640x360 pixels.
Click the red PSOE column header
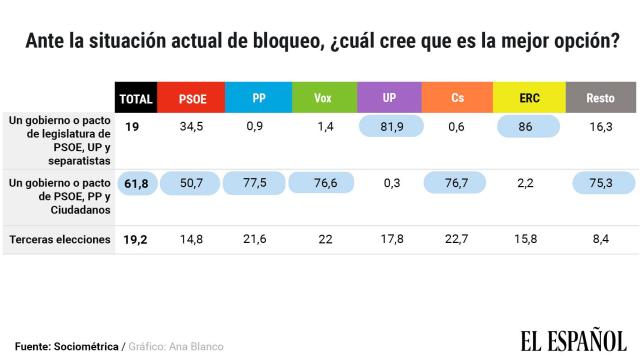[x=192, y=98]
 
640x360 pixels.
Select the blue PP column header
[x=258, y=98]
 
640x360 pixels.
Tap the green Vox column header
[x=322, y=98]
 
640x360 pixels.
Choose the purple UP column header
[x=389, y=98]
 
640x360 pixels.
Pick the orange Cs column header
[x=457, y=98]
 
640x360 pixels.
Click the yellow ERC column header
[x=529, y=98]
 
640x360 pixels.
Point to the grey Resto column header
[x=602, y=98]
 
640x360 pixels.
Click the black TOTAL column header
[x=135, y=98]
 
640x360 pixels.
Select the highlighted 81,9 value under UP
[x=389, y=127]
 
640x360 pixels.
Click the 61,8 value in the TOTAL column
[x=135, y=184]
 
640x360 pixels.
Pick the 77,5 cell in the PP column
[x=258, y=184]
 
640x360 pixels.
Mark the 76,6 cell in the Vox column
[x=322, y=184]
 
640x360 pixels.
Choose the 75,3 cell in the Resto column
[x=602, y=184]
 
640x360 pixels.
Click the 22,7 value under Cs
[x=457, y=240]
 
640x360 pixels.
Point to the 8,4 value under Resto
[x=602, y=240]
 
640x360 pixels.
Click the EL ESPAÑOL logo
[x=572, y=339]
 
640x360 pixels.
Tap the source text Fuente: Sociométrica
[x=60, y=346]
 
